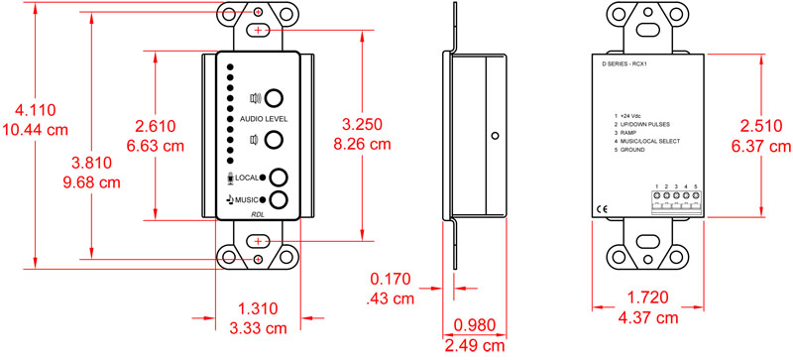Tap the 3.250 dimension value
coord(366,126)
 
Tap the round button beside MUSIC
coord(281,199)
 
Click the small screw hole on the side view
coord(492,136)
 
